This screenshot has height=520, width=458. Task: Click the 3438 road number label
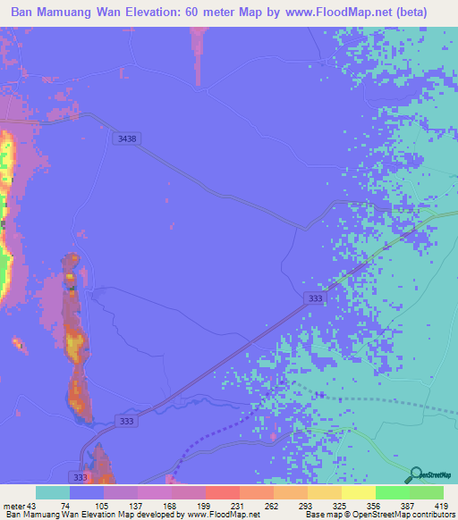[126, 138]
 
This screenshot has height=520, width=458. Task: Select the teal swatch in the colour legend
[53, 492]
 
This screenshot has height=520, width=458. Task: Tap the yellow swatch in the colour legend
[359, 492]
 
